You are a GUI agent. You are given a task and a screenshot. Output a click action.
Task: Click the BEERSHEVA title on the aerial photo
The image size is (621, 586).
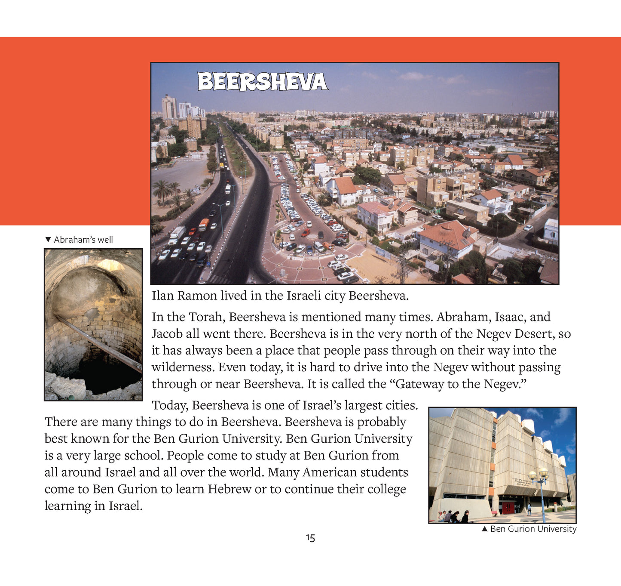pyautogui.click(x=262, y=82)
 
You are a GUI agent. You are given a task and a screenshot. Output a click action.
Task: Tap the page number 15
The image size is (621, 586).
pyautogui.click(x=310, y=538)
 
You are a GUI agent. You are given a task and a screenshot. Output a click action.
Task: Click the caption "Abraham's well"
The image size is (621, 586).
pyautogui.click(x=83, y=240)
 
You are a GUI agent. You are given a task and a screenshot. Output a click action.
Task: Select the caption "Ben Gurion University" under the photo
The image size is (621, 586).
pyautogui.click(x=533, y=529)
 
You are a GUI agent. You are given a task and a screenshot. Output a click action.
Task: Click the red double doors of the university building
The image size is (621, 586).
pyautogui.click(x=508, y=507)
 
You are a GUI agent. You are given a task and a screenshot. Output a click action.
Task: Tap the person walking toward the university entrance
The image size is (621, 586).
pyautogui.click(x=529, y=509)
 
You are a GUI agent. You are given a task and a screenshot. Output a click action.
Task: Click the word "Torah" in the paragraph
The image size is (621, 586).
pyautogui.click(x=205, y=317)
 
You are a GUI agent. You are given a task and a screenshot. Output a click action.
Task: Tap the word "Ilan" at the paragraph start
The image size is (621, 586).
pyautogui.click(x=162, y=296)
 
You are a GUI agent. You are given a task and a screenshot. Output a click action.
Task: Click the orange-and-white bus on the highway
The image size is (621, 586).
pyautogui.click(x=204, y=224)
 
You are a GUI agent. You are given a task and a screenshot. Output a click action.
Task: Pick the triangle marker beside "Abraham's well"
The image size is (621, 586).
pyautogui.click(x=48, y=240)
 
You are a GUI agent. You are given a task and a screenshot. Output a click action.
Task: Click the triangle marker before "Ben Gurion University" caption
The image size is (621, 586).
pyautogui.click(x=485, y=529)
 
